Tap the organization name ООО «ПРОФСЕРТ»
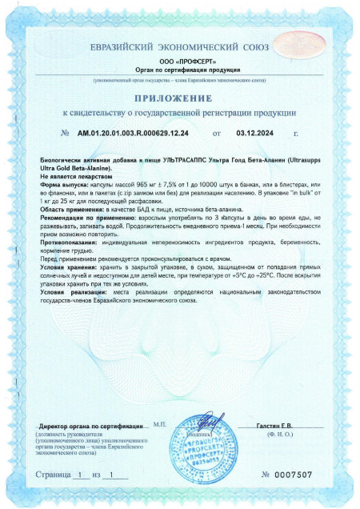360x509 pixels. pyautogui.click(x=179, y=62)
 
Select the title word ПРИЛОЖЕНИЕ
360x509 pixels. pyautogui.click(x=179, y=98)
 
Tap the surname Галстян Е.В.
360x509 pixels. pyautogui.click(x=274, y=427)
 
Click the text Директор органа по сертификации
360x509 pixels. pyautogui.click(x=86, y=427)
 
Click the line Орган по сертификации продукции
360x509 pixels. pyautogui.click(x=179, y=70)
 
